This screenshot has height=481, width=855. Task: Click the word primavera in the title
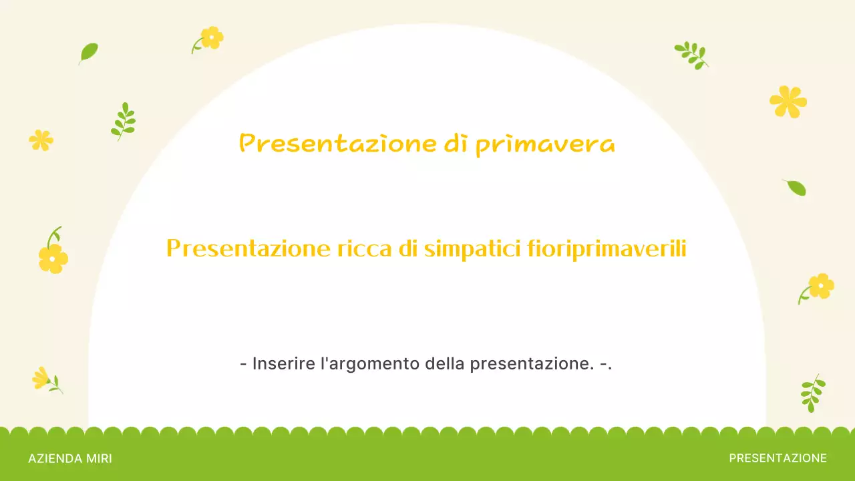coord(545,144)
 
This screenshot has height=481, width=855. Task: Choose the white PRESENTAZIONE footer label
coord(778,458)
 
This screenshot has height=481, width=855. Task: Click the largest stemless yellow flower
coord(788,102)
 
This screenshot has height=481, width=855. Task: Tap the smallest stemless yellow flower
coord(41,140)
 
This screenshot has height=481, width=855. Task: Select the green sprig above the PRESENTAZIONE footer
coord(812,393)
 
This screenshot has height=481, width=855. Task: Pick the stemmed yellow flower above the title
coord(210,38)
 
